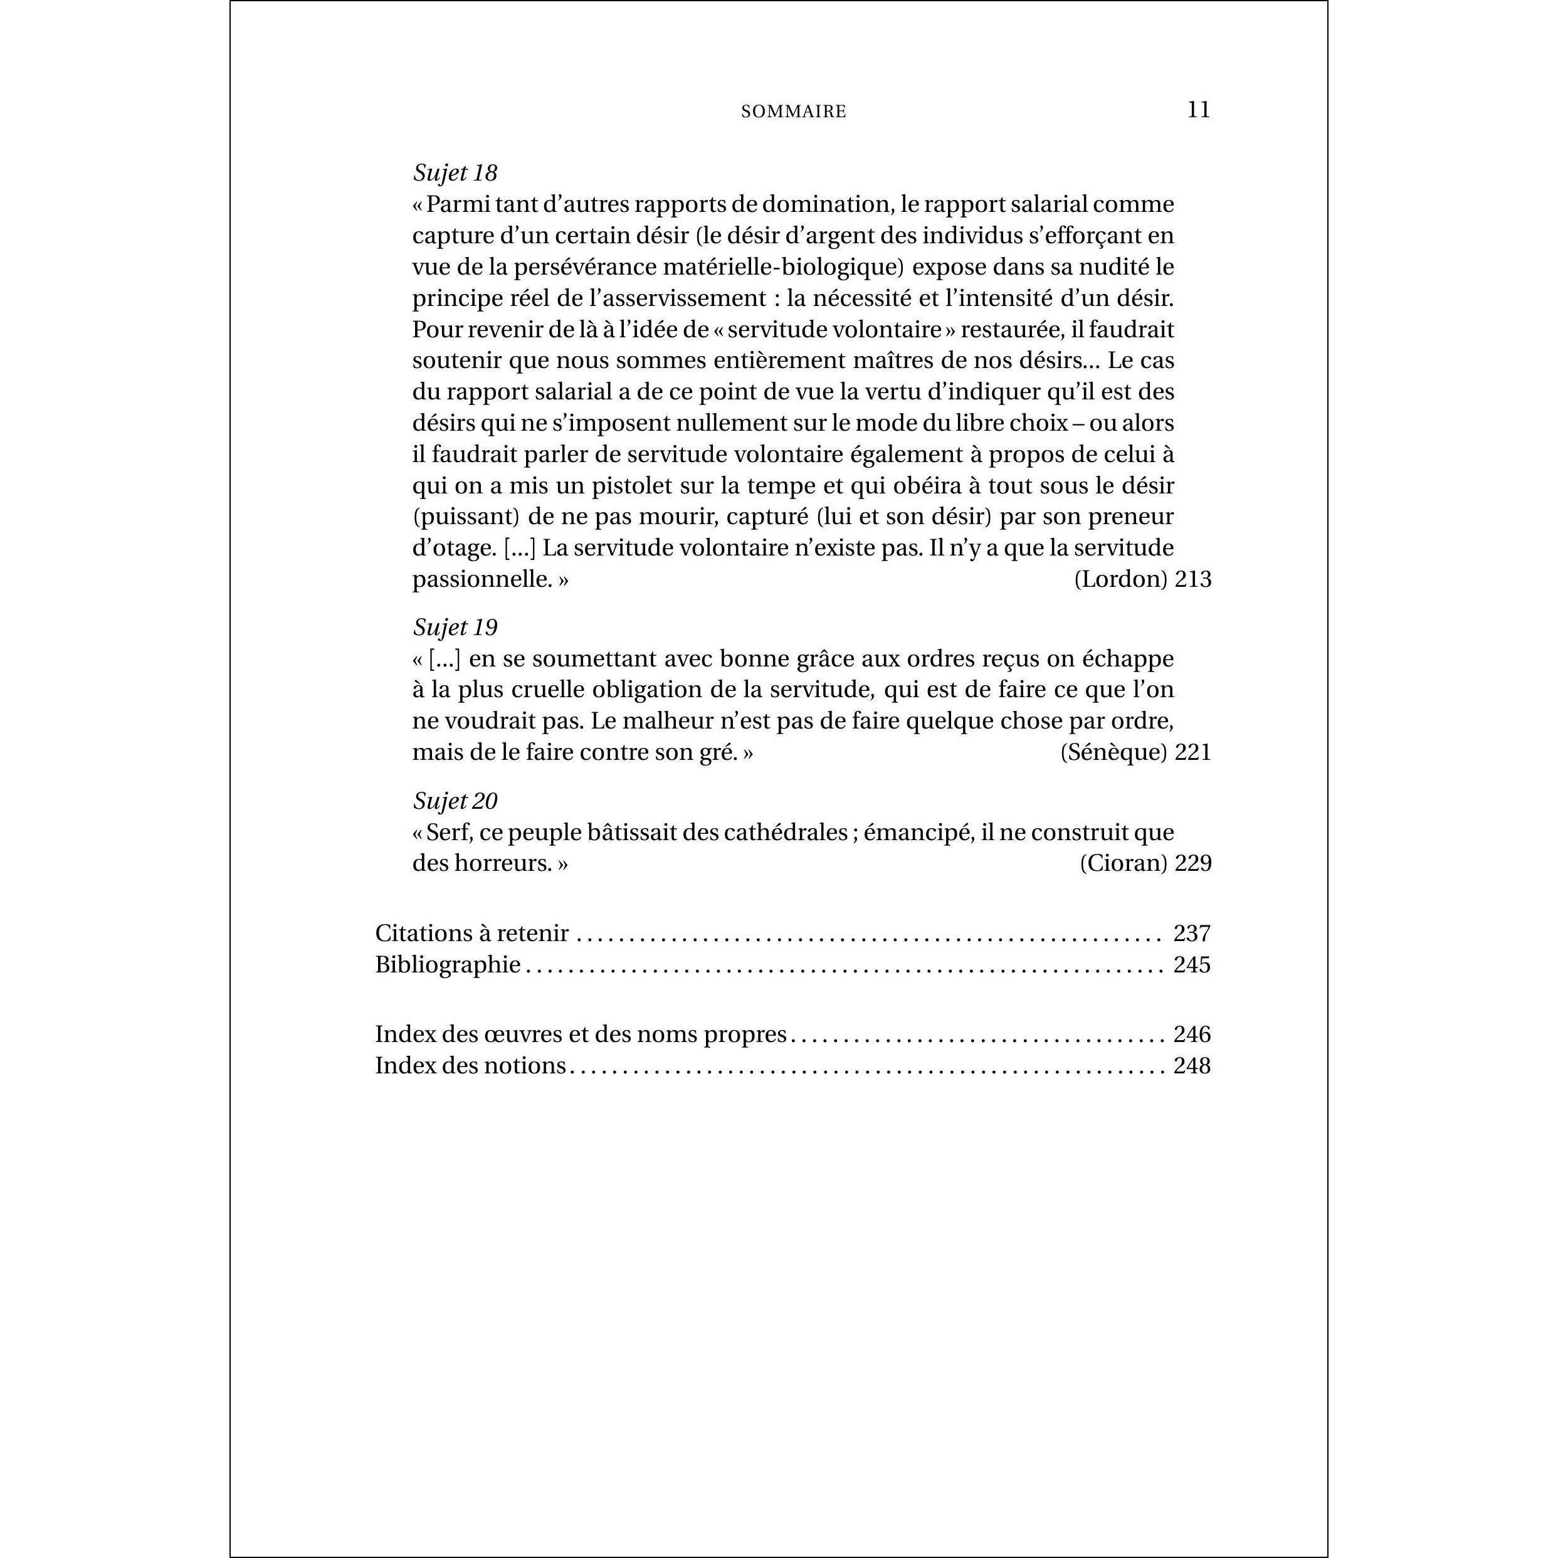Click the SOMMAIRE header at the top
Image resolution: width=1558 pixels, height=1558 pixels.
click(794, 112)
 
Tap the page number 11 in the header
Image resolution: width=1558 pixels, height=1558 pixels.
click(1198, 110)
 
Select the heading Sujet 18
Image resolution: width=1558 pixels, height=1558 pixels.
click(455, 172)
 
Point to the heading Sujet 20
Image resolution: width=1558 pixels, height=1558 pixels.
click(455, 801)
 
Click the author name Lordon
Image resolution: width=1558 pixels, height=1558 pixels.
click(1121, 579)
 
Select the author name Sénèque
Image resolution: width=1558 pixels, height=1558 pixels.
click(1113, 752)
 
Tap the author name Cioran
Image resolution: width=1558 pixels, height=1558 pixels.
click(1124, 863)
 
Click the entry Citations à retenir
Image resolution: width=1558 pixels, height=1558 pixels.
click(471, 933)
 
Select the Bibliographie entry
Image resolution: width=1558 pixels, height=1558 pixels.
click(448, 964)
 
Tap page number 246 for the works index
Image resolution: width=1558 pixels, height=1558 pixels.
click(1192, 1034)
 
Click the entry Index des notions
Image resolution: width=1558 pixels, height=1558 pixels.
click(470, 1065)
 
